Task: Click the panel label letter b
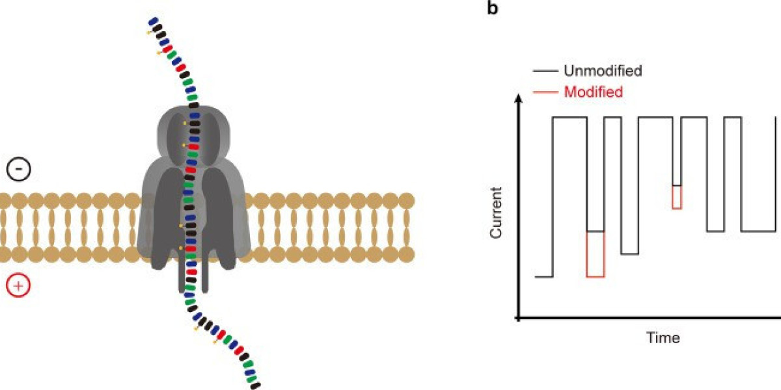tap(493, 10)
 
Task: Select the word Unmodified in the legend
tap(603, 71)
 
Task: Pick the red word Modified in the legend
tap(594, 92)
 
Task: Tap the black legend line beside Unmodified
tap(545, 71)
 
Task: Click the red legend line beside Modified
tap(545, 92)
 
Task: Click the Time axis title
tap(663, 338)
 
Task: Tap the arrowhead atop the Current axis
tap(518, 98)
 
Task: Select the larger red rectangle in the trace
tap(596, 254)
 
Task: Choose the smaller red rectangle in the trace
tap(677, 197)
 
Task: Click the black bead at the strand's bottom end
tap(256, 385)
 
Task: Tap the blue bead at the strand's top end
tap(153, 21)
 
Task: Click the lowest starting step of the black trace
tap(543, 277)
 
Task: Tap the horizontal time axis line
tap(651, 318)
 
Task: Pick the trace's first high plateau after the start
tap(569, 118)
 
